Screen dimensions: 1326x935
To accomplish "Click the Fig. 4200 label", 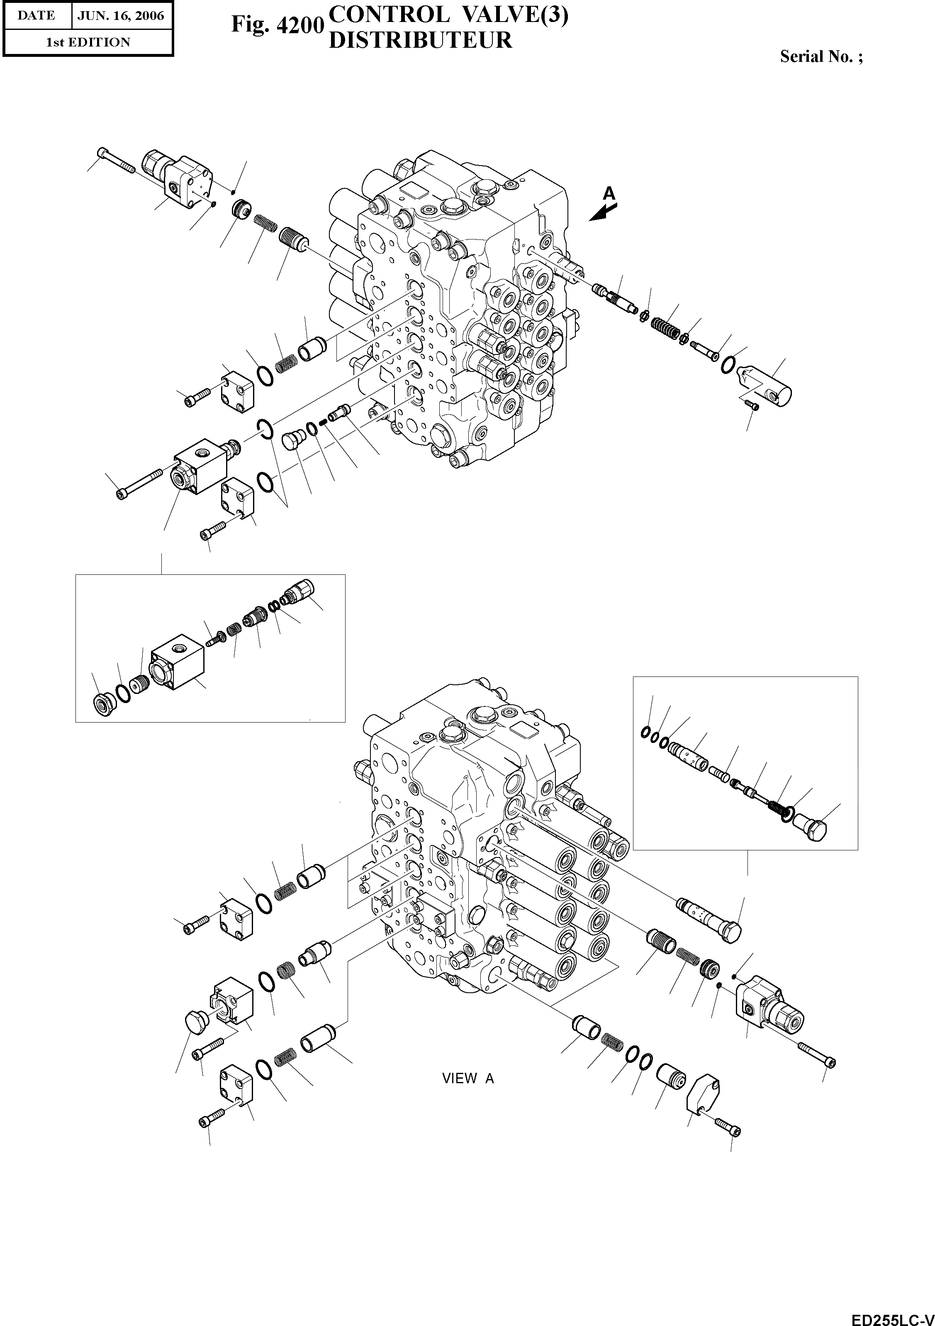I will tap(275, 24).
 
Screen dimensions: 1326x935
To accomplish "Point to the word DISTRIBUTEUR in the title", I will tap(420, 40).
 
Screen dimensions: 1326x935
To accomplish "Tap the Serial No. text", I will tap(821, 56).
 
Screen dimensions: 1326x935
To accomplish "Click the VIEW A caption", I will tap(467, 1078).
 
